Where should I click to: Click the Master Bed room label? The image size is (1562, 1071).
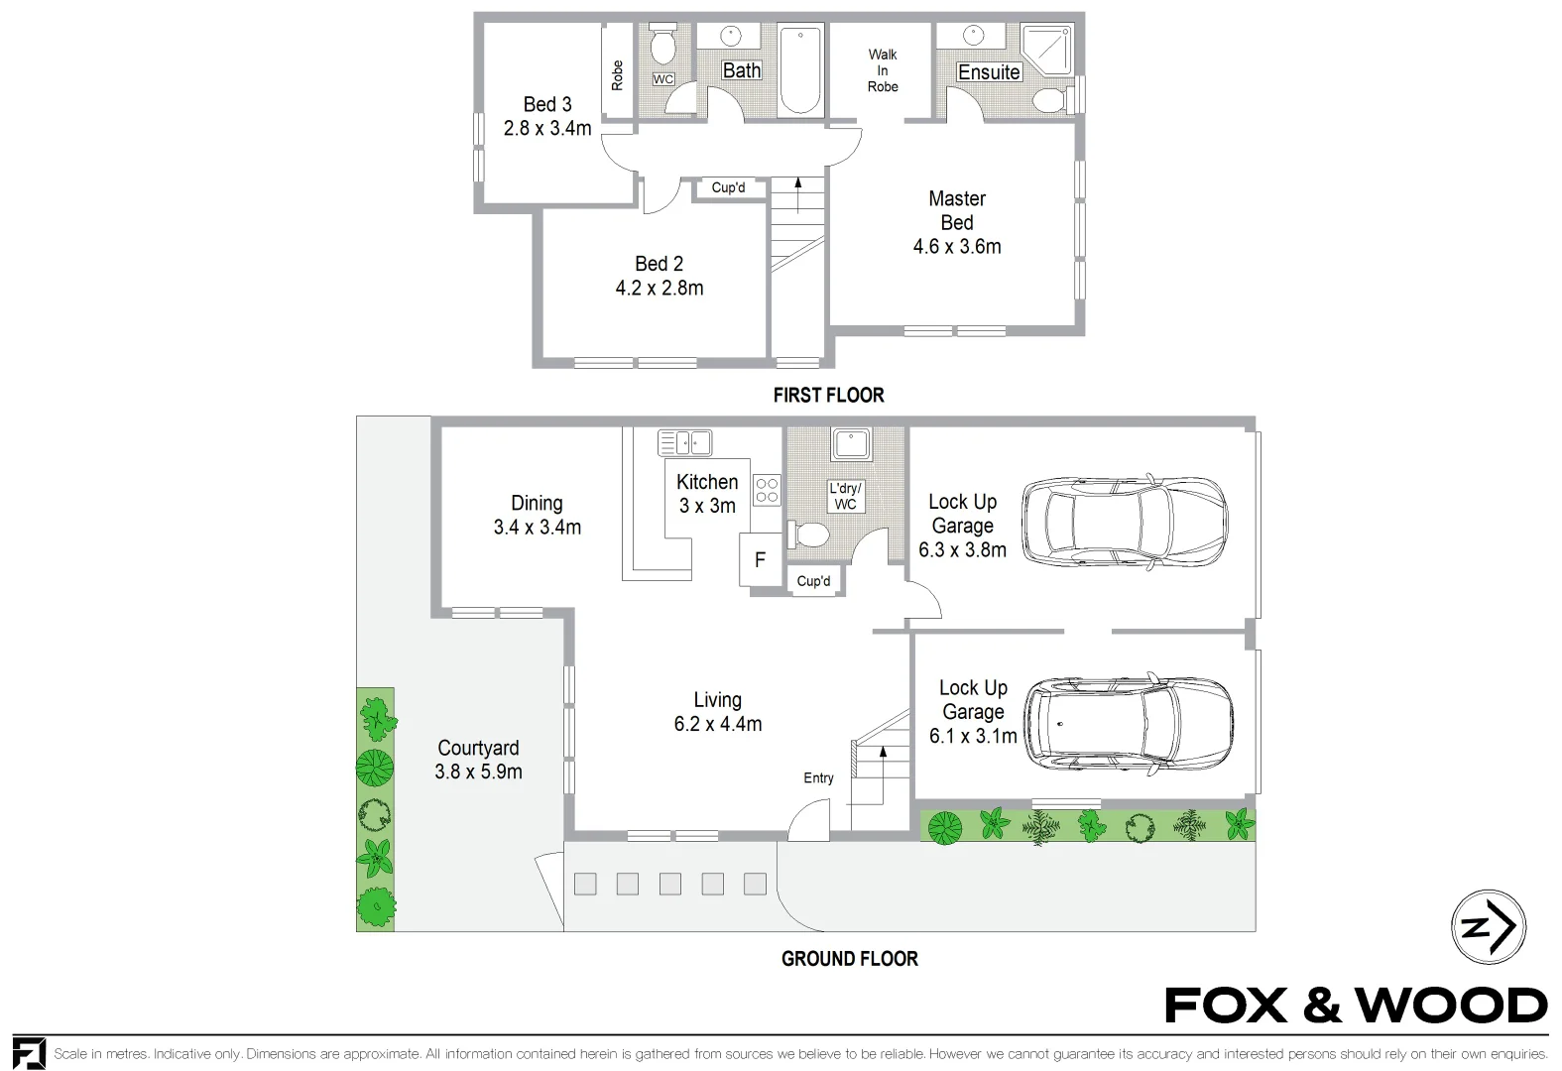click(956, 210)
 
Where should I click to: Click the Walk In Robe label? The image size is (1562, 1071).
click(882, 70)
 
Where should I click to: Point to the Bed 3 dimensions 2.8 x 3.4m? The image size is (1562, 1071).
click(547, 128)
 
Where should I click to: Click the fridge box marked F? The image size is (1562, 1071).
click(760, 559)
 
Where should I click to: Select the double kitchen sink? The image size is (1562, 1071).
click(684, 442)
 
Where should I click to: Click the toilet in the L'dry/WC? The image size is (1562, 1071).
click(808, 535)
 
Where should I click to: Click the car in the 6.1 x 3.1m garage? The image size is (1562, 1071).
click(1128, 725)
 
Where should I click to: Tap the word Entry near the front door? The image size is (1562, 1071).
click(818, 778)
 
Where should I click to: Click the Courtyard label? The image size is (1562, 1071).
click(478, 748)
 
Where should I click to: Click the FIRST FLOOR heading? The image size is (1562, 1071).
click(828, 395)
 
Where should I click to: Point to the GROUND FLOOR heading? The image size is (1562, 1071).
click(849, 958)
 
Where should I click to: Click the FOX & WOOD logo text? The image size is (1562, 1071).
click(1356, 1006)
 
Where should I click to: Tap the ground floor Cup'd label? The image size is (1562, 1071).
click(813, 581)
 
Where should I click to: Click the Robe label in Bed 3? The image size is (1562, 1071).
click(617, 75)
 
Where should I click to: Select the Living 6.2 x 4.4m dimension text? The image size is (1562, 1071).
click(717, 724)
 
